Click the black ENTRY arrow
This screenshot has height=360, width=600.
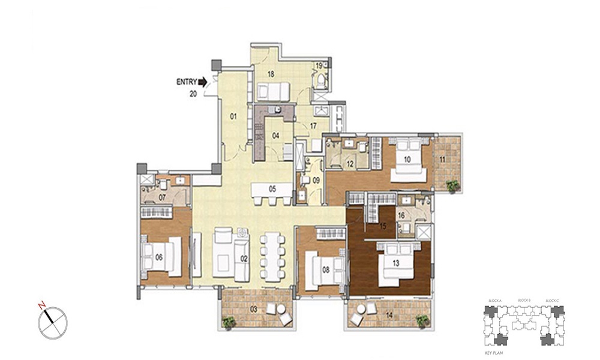pyautogui.click(x=203, y=81)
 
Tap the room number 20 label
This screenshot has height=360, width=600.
pyautogui.click(x=193, y=93)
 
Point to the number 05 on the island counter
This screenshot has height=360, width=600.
pyautogui.click(x=272, y=188)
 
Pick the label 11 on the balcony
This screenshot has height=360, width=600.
pyautogui.click(x=442, y=159)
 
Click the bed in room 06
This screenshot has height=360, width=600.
pyautogui.click(x=162, y=256)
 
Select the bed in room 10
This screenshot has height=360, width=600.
pyautogui.click(x=409, y=158)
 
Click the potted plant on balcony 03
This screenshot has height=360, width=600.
pyautogui.click(x=228, y=323)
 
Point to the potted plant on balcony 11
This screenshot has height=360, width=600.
pyautogui.click(x=453, y=185)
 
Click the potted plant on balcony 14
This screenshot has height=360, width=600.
pyautogui.click(x=423, y=322)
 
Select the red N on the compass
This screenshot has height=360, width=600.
pyautogui.click(x=43, y=306)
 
